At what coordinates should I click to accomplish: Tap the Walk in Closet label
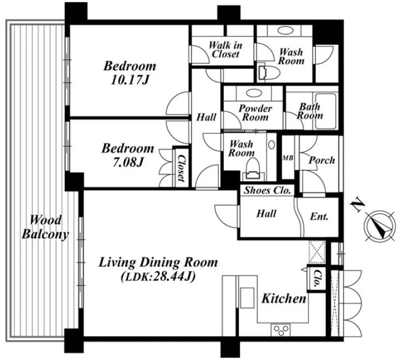click(225, 50)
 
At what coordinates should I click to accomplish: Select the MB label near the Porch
click(287, 158)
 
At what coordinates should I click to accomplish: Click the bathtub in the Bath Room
click(326, 111)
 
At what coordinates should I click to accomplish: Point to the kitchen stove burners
click(280, 330)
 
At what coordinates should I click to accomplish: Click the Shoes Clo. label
click(268, 190)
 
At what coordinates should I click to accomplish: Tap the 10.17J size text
click(130, 80)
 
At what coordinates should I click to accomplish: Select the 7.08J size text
click(128, 162)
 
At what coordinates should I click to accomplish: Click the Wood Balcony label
click(45, 227)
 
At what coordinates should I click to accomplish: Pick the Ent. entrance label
click(319, 217)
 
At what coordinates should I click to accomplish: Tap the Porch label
click(322, 160)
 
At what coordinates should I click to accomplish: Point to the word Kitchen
click(284, 299)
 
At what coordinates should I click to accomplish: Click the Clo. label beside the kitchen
click(317, 278)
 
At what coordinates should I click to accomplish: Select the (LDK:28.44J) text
click(158, 276)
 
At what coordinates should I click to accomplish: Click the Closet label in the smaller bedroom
click(181, 168)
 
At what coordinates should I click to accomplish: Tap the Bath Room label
click(310, 111)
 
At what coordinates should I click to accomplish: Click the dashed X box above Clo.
click(317, 251)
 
